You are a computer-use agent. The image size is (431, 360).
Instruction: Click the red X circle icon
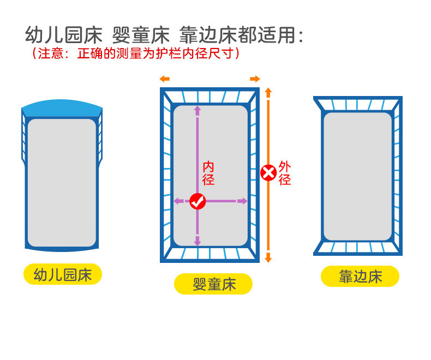(x=268, y=173)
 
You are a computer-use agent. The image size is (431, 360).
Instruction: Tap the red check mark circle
(x=197, y=201)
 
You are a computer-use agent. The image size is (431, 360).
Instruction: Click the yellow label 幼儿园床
(x=62, y=274)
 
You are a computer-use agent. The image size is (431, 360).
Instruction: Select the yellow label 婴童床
(x=213, y=284)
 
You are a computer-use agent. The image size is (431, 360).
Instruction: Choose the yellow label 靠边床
(x=360, y=277)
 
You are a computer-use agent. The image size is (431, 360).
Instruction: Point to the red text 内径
(x=208, y=173)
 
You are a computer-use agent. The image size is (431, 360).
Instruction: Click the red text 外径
(x=284, y=173)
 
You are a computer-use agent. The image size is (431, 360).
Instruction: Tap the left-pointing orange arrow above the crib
(x=164, y=79)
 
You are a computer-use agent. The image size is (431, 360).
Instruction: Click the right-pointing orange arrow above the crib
(x=255, y=79)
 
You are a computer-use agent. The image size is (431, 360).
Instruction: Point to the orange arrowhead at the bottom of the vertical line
(x=268, y=257)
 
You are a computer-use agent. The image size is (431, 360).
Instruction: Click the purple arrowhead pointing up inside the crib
(x=197, y=110)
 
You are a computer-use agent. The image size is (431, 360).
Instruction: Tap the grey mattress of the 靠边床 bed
(x=357, y=176)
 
